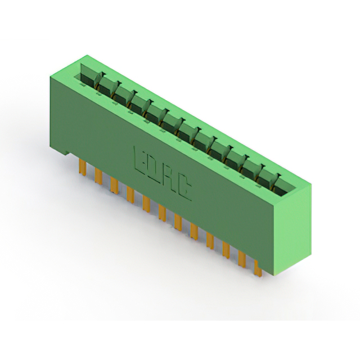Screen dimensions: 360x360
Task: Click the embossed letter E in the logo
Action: (141, 161)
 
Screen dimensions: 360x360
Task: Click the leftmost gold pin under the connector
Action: (83, 167)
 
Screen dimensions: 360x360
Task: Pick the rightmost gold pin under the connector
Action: (258, 269)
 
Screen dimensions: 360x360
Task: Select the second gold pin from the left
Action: (98, 175)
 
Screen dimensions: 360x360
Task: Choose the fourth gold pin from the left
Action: (130, 194)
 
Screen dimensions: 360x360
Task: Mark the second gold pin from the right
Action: (242, 259)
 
